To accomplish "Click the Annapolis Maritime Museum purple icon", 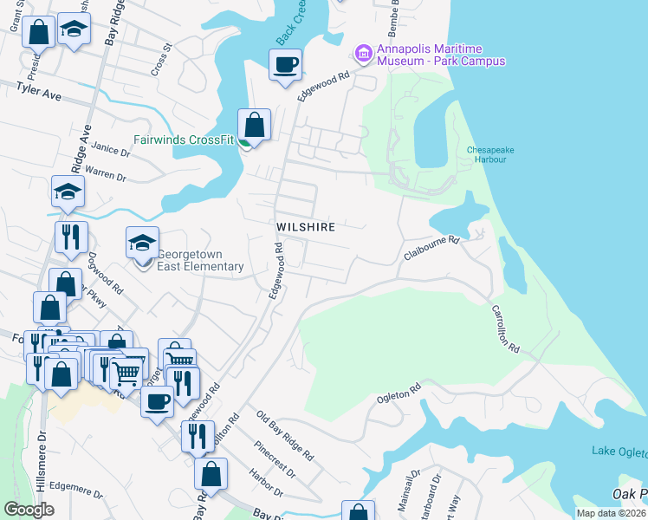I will pos(364,55).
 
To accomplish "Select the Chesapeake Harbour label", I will pos(490,154).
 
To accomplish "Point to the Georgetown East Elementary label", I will pos(200,260).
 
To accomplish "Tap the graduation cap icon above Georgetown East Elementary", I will pos(143,243).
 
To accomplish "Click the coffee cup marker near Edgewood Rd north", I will pos(285,64).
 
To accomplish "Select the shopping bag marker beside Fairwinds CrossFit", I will pos(254,124).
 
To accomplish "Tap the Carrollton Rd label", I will pos(505,328).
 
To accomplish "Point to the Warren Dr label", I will pos(106,173).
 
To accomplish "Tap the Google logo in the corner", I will pos(29,510).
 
